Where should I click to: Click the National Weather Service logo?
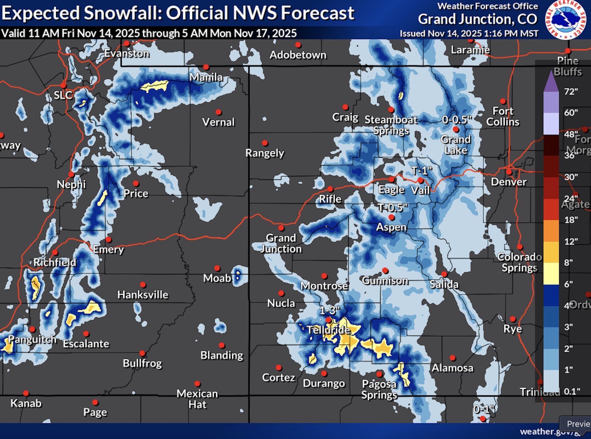tap(566, 20)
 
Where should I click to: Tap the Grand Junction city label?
tap(281, 243)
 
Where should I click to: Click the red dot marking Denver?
tap(509, 172)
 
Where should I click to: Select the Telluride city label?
tap(329, 330)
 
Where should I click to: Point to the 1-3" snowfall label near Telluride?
tap(329, 310)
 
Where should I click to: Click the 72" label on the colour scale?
tap(571, 91)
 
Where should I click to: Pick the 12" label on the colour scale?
tap(571, 241)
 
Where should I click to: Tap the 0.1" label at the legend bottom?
tap(572, 391)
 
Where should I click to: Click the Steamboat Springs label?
tap(391, 125)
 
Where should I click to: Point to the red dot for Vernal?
tap(219, 112)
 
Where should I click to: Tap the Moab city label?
tap(217, 278)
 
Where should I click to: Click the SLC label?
tap(63, 95)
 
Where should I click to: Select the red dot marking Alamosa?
tap(452, 358)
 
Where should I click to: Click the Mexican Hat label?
tap(197, 399)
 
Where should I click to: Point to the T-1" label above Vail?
tap(421, 170)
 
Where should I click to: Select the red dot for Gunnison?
tap(385, 270)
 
